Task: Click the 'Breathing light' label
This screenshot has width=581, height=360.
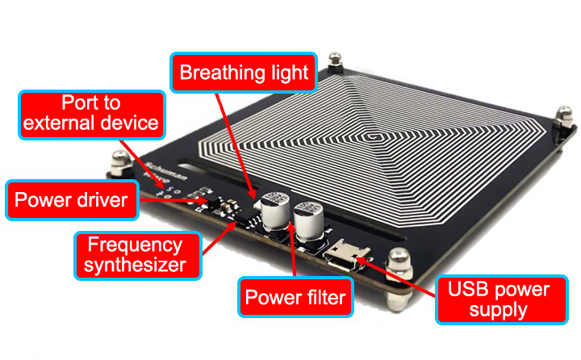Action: coord(244,73)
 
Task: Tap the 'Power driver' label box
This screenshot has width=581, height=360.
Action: coord(72,200)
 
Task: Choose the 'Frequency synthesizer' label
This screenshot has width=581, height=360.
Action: coord(138,255)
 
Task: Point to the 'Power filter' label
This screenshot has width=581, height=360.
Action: coord(295,297)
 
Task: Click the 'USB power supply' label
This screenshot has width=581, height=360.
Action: coord(501,300)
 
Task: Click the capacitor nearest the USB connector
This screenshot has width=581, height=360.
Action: coord(308,222)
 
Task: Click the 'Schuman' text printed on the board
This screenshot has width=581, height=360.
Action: coord(166,171)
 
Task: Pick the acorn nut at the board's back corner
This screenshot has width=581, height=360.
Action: coord(335,61)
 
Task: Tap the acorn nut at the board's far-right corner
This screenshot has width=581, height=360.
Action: coord(564,118)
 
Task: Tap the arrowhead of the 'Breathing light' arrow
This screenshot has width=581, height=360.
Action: coord(253,195)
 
